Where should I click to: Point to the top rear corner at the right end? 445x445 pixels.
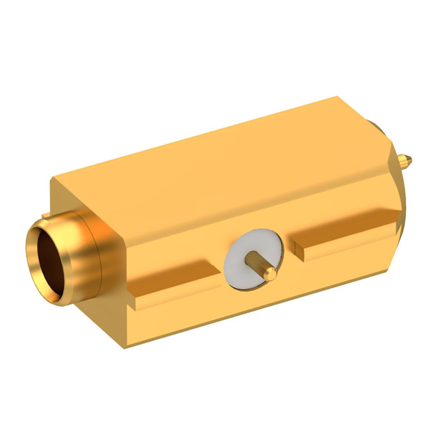[x=339, y=98]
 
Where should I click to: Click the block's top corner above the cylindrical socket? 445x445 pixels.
[x=53, y=179]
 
